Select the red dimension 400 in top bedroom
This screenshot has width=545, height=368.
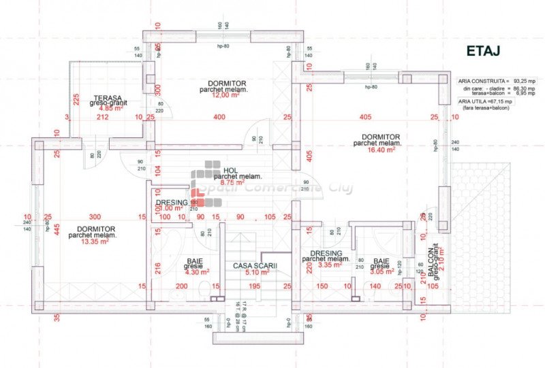point(218,118)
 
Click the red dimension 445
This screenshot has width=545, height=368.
point(58,229)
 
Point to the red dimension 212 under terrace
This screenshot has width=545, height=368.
point(103,118)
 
